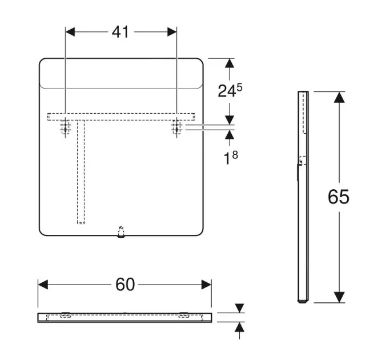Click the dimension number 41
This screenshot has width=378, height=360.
click(120, 32)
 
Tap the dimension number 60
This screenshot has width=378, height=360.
click(125, 285)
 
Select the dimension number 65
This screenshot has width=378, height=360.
click(339, 197)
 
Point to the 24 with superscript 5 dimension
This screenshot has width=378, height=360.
click(230, 90)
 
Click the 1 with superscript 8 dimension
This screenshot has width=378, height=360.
click(231, 158)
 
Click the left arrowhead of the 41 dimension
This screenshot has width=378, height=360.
click(70, 32)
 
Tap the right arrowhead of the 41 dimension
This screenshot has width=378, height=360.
click(172, 32)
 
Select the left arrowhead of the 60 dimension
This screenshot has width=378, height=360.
click(43, 285)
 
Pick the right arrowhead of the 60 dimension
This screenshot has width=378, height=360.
click(206, 285)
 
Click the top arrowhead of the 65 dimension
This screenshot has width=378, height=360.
click(339, 97)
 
